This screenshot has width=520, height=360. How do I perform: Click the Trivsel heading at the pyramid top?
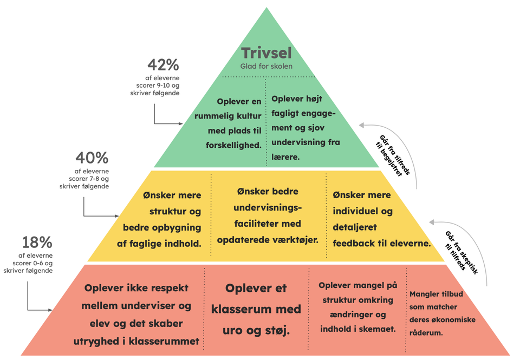(x=266, y=53)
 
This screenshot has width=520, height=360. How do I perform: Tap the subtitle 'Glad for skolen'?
(x=266, y=66)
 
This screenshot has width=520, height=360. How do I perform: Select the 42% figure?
(x=163, y=65)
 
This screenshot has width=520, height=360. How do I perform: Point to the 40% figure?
(x=92, y=158)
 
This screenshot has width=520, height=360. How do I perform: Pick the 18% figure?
(x=37, y=243)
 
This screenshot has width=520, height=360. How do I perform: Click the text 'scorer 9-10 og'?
(x=158, y=86)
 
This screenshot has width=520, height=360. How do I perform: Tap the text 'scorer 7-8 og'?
(x=88, y=179)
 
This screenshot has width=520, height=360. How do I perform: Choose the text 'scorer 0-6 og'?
(x=32, y=263)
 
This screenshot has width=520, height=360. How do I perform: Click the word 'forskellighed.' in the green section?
(x=233, y=145)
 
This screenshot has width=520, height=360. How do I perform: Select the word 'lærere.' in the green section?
(x=285, y=157)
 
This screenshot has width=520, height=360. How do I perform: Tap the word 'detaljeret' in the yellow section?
(x=355, y=227)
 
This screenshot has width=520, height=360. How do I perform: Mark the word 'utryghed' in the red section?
(x=95, y=342)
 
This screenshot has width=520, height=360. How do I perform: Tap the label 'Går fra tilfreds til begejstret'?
(x=393, y=155)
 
